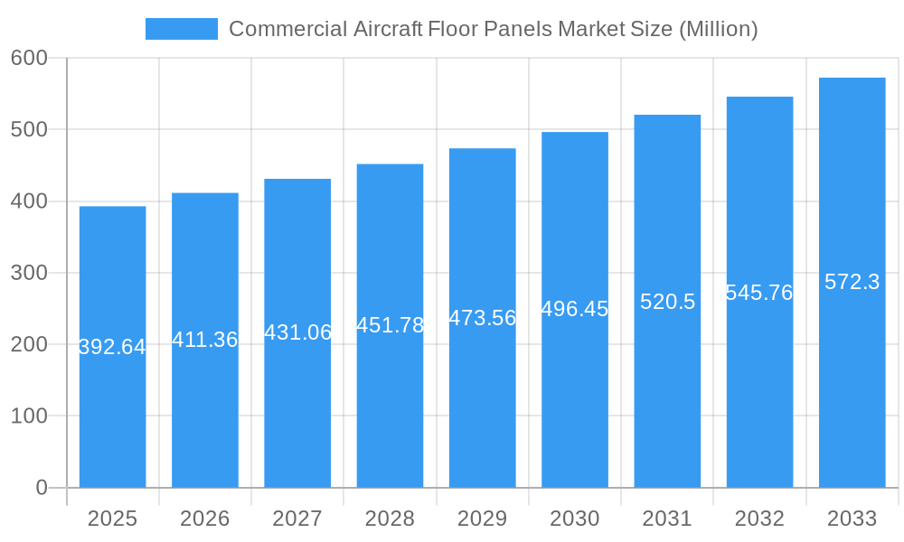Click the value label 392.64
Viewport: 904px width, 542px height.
pos(112,347)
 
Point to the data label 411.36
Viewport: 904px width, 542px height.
pos(205,340)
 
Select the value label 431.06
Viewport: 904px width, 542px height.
pos(297,332)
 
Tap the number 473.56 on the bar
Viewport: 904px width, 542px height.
pos(483,318)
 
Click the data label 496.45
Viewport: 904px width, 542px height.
pos(575,309)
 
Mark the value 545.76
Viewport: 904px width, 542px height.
pos(759,293)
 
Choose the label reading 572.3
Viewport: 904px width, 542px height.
pos(852,282)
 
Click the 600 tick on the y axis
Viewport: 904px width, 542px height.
pos(29,58)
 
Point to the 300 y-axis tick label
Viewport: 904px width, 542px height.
pos(29,273)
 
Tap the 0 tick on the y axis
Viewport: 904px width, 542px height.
pos(42,488)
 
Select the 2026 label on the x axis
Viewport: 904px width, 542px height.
pos(205,519)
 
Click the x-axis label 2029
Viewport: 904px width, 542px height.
pos(483,519)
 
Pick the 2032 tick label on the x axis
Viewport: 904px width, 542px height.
pos(759,519)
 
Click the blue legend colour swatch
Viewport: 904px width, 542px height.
pos(182,29)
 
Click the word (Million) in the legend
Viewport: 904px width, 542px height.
pos(718,29)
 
